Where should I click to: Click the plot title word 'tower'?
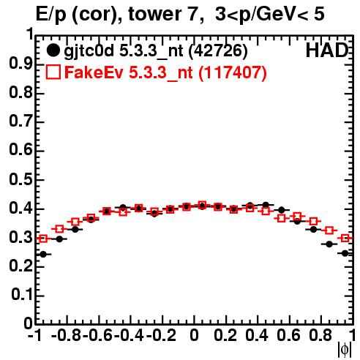point(154,15)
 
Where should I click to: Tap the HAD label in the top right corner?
point(326,50)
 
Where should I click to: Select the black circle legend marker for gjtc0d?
point(53,50)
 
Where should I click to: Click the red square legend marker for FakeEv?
point(53,72)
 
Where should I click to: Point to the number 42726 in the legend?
point(218,51)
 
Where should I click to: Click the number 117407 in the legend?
point(232,72)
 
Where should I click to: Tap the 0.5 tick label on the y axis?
point(20,180)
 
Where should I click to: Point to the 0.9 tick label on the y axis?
point(20,64)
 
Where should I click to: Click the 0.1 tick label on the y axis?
point(22,295)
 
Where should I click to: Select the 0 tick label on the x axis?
point(194,335)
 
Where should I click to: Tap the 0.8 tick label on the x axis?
point(320,335)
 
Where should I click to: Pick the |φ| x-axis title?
point(345,350)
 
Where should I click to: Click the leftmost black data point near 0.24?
point(43,255)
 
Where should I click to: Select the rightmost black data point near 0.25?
point(345,253)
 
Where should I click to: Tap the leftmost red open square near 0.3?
point(43,239)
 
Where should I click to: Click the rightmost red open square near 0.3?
point(345,238)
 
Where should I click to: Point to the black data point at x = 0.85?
point(329,244)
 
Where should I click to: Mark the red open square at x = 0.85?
point(329,230)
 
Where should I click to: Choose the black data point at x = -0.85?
point(59,239)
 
